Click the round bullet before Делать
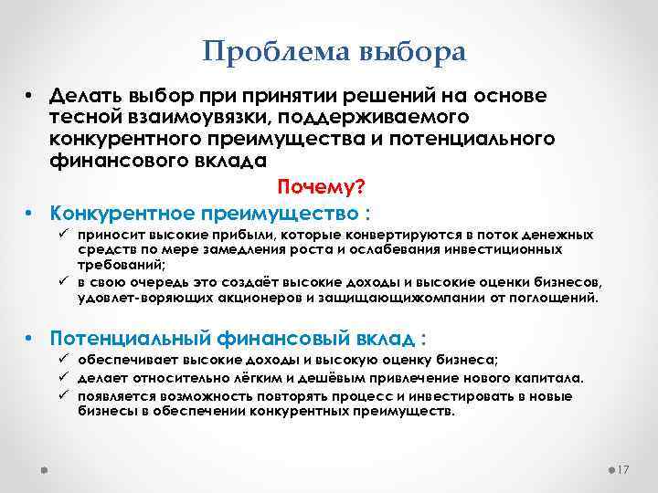[x=30, y=96]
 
